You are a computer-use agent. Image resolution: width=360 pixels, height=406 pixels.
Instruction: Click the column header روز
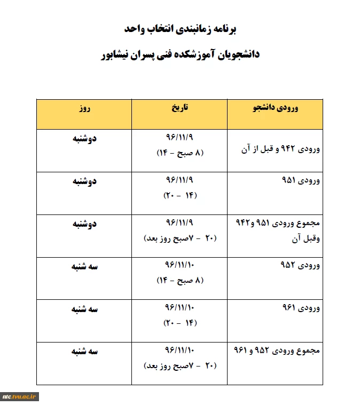click(x=84, y=108)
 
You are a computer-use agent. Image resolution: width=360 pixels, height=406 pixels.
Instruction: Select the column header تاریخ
click(x=180, y=108)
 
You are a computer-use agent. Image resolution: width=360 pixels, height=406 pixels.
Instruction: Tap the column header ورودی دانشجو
click(x=275, y=108)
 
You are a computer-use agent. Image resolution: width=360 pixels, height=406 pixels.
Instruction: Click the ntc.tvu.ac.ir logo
click(x=20, y=396)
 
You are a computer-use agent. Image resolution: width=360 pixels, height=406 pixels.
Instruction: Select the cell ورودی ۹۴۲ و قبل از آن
click(x=281, y=150)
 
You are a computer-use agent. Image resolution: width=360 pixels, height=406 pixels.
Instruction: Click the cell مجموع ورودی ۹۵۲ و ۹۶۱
click(x=277, y=351)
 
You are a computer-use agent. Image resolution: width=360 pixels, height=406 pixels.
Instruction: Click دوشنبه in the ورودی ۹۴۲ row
click(x=84, y=140)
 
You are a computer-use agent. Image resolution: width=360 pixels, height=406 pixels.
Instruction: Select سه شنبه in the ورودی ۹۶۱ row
click(x=84, y=308)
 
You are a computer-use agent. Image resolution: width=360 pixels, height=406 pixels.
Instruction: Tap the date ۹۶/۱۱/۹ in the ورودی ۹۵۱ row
click(x=180, y=182)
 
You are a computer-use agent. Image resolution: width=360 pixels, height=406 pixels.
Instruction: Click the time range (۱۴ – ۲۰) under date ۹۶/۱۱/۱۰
click(x=180, y=323)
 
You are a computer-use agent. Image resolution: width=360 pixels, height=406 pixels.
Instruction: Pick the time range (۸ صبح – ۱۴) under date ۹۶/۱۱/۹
click(x=180, y=154)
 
